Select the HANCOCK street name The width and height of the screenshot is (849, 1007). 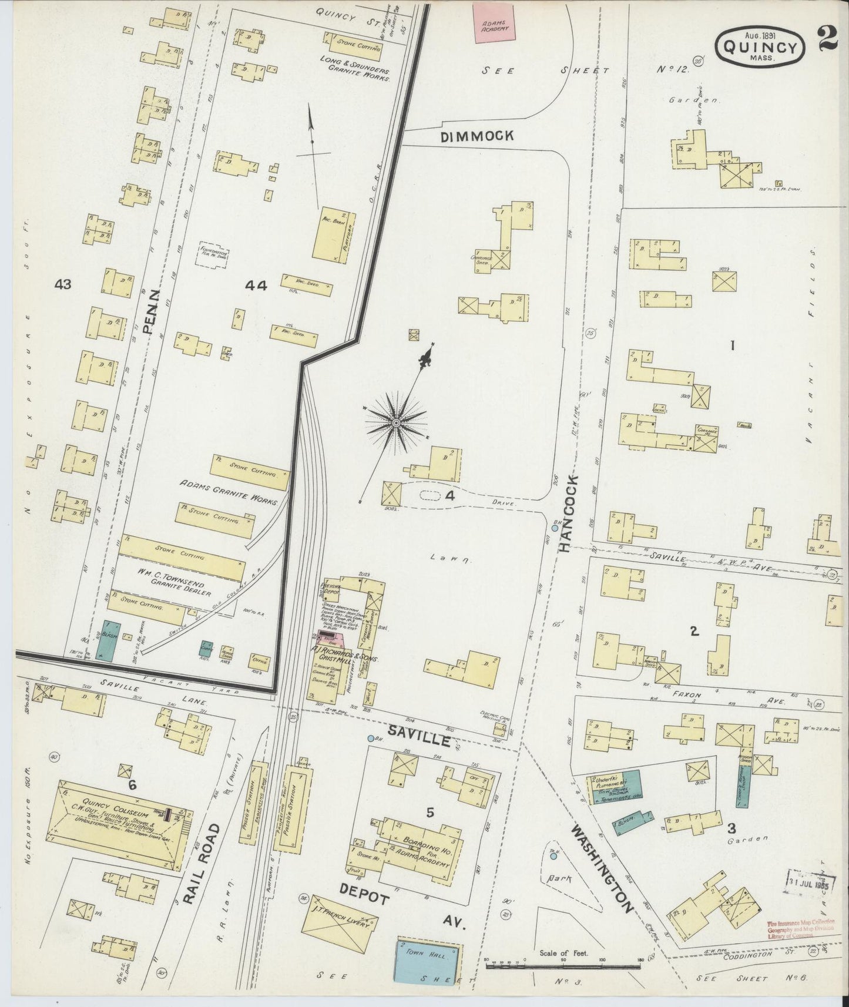point(568,514)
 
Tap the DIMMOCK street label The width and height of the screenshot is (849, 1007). point(477,136)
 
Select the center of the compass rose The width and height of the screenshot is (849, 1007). point(396,422)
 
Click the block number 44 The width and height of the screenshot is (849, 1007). point(256,286)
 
